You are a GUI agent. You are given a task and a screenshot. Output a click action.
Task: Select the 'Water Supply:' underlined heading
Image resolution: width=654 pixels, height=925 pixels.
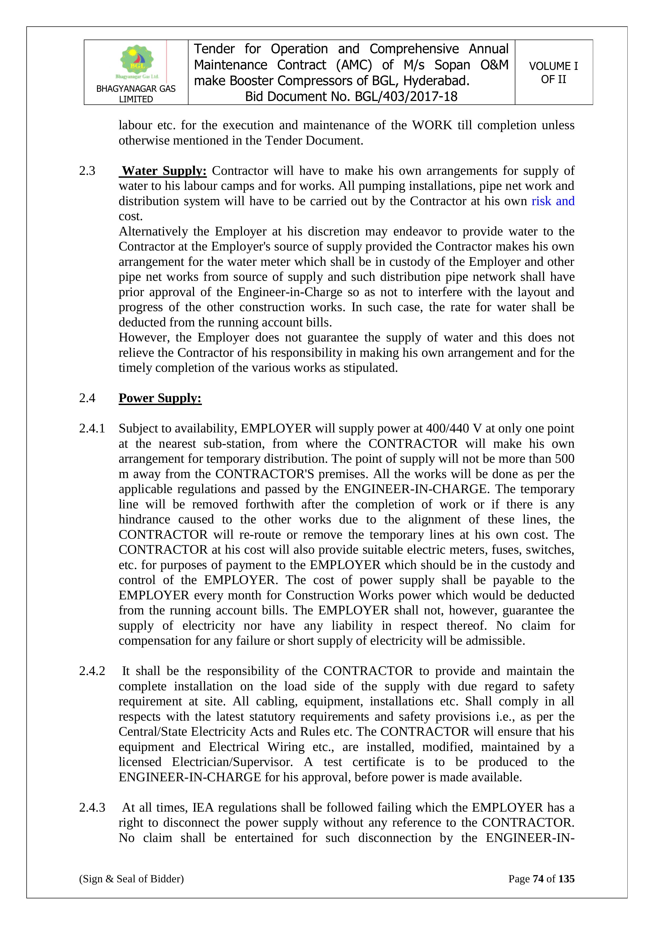pyautogui.click(x=164, y=171)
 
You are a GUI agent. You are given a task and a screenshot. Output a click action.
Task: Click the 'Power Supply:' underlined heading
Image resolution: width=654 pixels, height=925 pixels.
pyautogui.click(x=160, y=398)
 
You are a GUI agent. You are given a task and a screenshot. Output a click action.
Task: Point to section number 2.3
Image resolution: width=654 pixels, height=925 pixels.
pyautogui.click(x=88, y=171)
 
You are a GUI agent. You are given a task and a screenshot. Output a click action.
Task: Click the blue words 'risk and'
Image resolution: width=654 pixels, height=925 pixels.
pyautogui.click(x=553, y=201)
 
